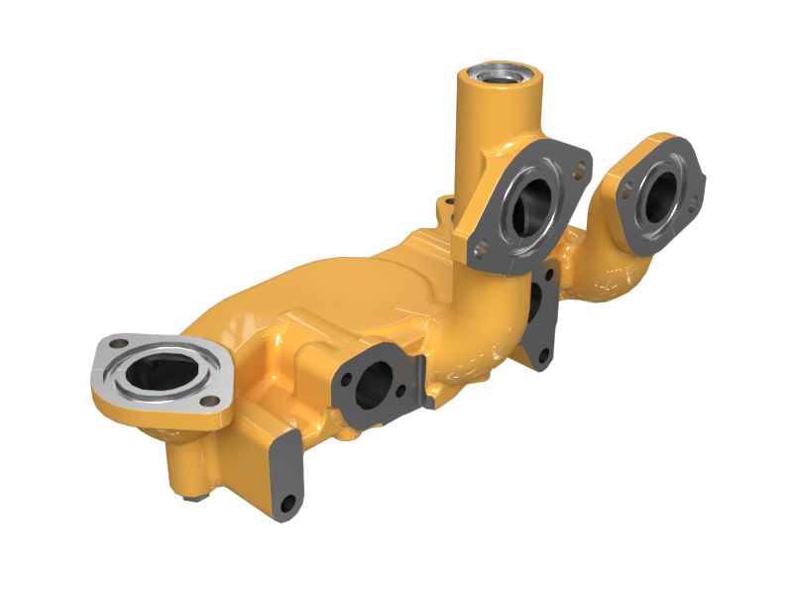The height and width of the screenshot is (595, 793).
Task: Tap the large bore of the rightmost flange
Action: [657, 196]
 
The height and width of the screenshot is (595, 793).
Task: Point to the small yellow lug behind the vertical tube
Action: [448, 205]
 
